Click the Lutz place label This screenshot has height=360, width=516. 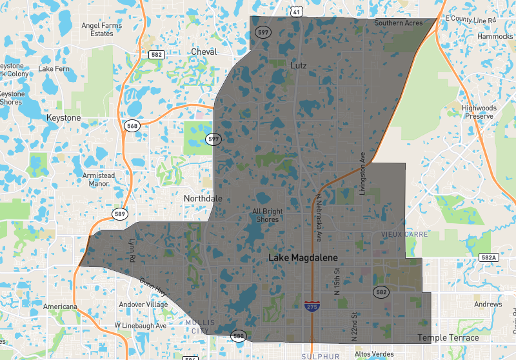coord(299,66)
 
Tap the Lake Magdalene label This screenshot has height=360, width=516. coord(303,258)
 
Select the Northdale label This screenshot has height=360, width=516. coord(203,199)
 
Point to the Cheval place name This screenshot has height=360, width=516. coord(204,52)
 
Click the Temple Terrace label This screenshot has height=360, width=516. coord(448,337)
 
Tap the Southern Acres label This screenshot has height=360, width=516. coord(399,23)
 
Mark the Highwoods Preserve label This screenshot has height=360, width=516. coord(478,112)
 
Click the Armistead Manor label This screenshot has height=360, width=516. coord(99,179)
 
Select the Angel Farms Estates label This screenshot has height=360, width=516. coord(102,30)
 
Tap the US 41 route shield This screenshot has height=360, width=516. coord(296,12)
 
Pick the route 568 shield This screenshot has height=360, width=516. coord(132,126)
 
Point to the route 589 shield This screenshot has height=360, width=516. coord(121,214)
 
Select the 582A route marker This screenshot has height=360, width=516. coord(490,257)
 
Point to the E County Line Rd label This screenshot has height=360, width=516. coord(470,20)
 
